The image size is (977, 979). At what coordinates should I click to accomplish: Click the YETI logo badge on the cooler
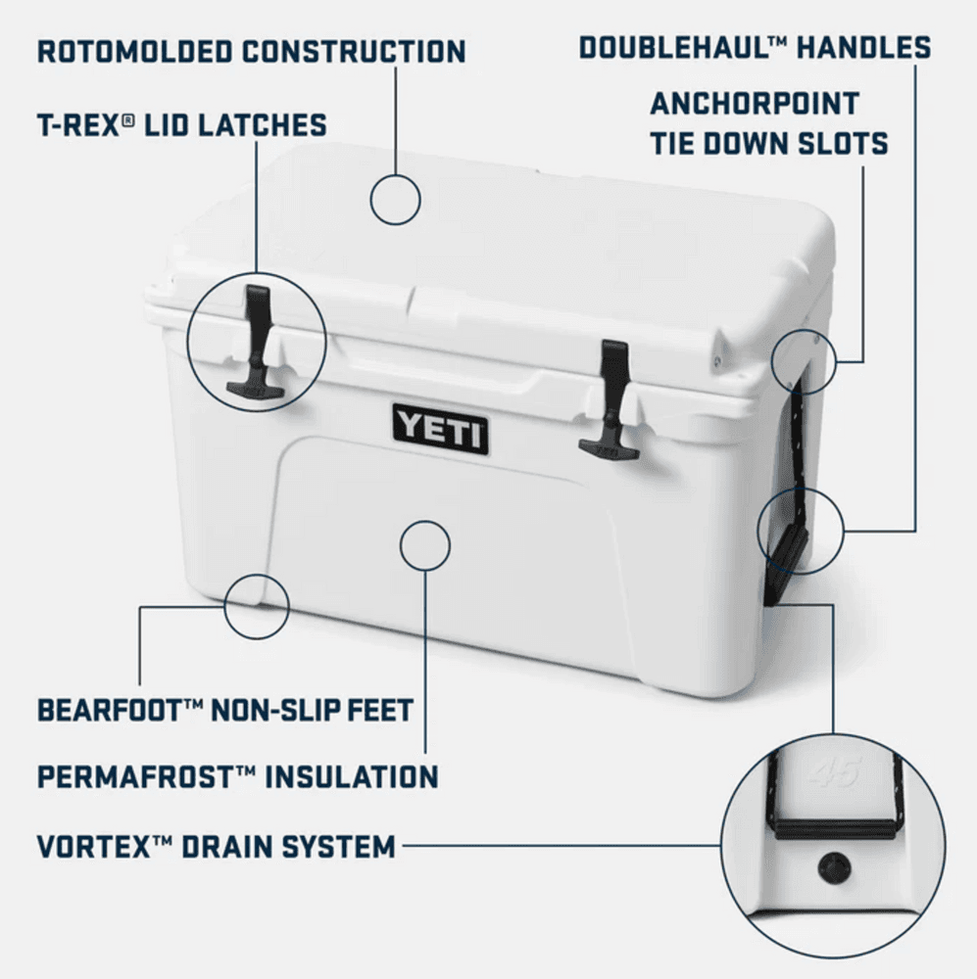click(x=440, y=429)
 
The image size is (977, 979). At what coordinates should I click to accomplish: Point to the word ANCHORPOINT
click(x=754, y=103)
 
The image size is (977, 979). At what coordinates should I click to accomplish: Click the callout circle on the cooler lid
click(x=395, y=199)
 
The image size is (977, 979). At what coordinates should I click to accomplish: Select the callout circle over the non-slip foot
click(x=256, y=606)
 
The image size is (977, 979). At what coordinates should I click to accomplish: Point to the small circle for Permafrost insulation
click(x=424, y=543)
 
